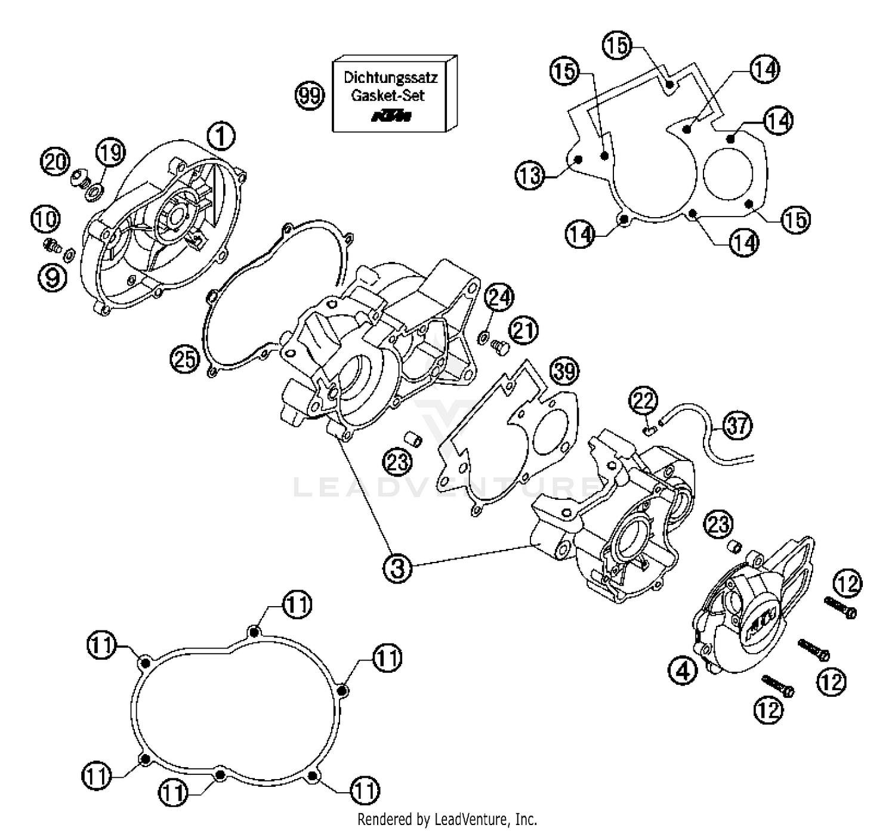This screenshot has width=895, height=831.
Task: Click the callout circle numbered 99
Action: click(310, 95)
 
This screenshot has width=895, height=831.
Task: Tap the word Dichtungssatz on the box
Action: click(390, 78)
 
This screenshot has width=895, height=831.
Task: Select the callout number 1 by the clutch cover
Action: click(221, 137)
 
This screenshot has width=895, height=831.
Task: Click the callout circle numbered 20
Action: click(55, 162)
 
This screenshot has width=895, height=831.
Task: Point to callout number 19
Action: click(110, 152)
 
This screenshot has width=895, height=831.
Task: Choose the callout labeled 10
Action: click(45, 219)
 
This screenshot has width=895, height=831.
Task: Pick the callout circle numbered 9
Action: click(53, 277)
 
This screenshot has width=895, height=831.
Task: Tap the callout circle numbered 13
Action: click(529, 175)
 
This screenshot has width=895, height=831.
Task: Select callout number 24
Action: click(499, 296)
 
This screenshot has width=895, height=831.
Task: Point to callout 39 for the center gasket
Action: click(564, 371)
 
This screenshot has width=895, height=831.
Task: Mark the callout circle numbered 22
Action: click(643, 401)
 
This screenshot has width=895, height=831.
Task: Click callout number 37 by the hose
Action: click(737, 426)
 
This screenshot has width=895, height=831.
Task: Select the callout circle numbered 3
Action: click(397, 567)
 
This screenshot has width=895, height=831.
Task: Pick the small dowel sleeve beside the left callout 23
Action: click(413, 440)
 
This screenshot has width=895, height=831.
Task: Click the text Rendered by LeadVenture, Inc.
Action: click(447, 819)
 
